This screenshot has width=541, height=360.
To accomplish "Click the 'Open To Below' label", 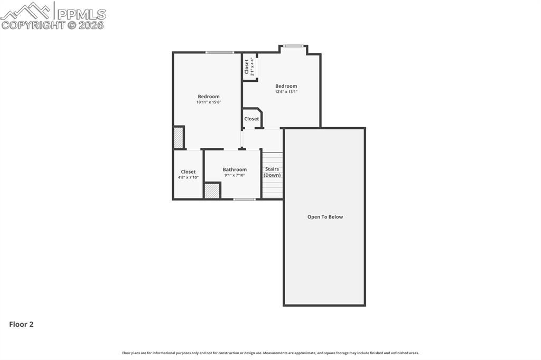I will (x=325, y=217).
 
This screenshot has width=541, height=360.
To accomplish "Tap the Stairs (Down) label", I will (x=272, y=172).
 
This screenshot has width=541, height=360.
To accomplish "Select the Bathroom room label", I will (x=235, y=169).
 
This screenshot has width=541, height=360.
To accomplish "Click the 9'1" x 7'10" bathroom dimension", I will (x=235, y=175).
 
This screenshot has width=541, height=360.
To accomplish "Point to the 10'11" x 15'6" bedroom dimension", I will (x=209, y=102).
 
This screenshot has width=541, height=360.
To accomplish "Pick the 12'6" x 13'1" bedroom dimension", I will (x=286, y=92).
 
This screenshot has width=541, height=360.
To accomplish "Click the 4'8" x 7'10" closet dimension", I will (x=188, y=177).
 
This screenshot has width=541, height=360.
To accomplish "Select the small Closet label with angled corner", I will (x=251, y=119).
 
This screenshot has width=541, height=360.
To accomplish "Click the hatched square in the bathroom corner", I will (x=212, y=191).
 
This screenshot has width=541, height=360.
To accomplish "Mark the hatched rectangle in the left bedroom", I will (x=179, y=138).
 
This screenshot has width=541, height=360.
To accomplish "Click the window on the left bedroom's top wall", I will (x=220, y=52).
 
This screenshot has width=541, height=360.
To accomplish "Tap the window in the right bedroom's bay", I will (x=293, y=46).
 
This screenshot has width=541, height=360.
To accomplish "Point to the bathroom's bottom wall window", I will (x=244, y=199).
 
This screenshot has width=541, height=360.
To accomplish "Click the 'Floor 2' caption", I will (x=21, y=325).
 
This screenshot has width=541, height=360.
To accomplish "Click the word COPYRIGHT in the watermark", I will (x=33, y=25).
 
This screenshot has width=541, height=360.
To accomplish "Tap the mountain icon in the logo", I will (x=26, y=11).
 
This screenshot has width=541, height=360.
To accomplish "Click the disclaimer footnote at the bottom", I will (x=270, y=353).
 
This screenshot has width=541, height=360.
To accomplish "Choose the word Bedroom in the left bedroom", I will (x=209, y=96).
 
